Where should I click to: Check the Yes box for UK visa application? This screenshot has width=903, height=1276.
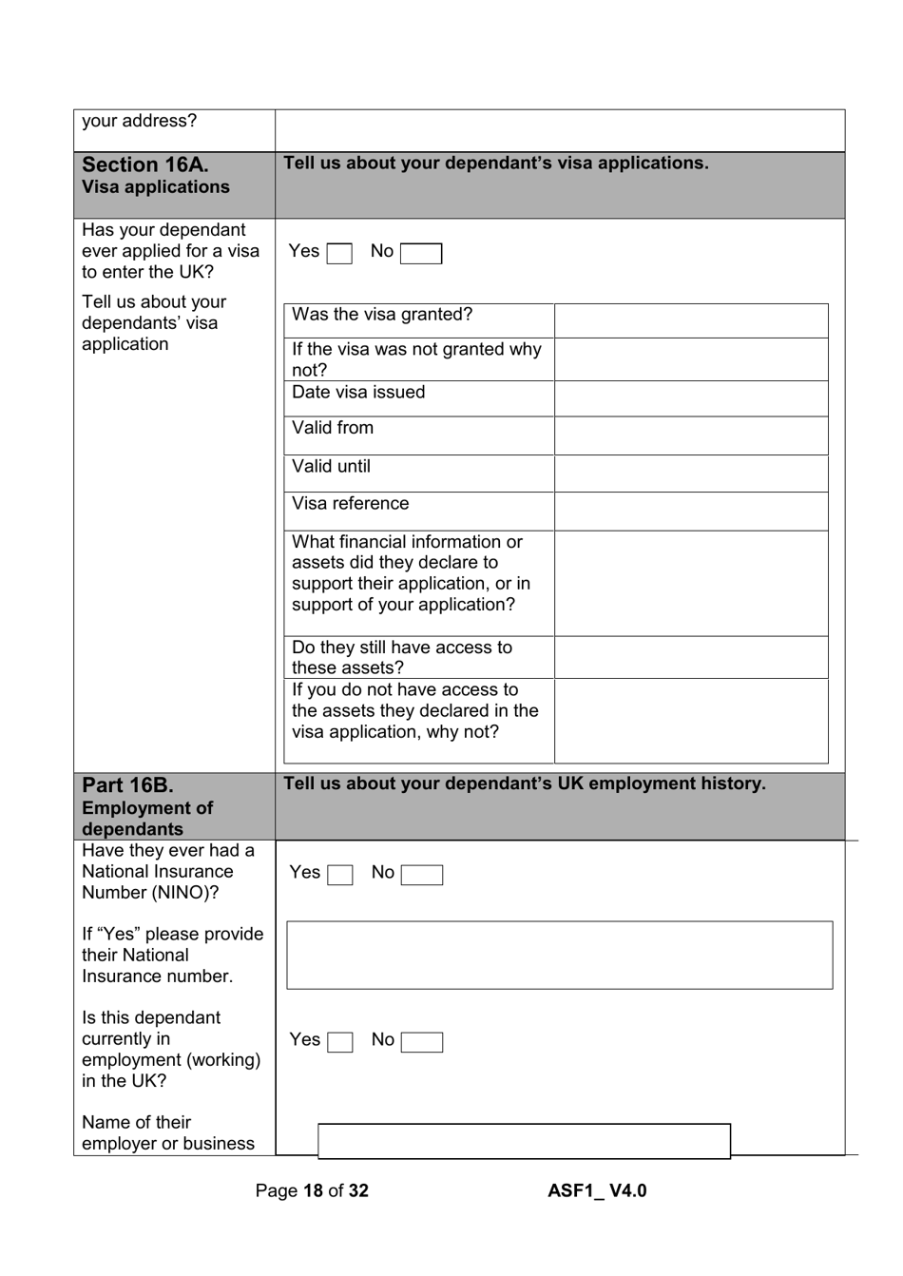pos(339,254)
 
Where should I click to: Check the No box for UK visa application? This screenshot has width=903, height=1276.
pos(420,254)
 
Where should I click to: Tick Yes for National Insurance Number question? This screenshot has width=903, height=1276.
pos(339,875)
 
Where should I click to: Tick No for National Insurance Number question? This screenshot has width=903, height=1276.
pos(421,875)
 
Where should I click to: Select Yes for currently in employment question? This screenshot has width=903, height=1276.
pos(339,1042)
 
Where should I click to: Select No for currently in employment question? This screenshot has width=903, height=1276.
pos(421,1042)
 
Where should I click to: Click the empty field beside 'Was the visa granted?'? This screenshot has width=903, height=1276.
pos(691,320)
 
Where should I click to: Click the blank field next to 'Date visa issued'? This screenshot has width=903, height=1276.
pos(691,398)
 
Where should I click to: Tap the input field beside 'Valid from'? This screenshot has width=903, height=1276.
pos(691,435)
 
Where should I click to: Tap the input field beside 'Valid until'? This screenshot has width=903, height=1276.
pos(691,474)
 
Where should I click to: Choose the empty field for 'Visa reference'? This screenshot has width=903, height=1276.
pos(691,511)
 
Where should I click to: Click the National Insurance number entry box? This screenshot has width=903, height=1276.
pos(559,955)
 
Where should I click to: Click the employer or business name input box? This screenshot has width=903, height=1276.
pos(524,1141)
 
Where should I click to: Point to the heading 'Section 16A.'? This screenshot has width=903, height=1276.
pos(144,164)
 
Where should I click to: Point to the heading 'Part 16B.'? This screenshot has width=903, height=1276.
pos(127,785)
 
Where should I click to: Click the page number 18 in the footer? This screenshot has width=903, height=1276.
pos(313,1190)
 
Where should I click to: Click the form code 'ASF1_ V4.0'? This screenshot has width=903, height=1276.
pos(597,1190)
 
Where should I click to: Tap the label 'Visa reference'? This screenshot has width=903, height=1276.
pos(350,504)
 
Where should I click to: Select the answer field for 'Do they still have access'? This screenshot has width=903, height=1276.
pos(691,657)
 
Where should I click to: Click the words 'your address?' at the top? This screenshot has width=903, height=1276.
pos(139,121)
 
